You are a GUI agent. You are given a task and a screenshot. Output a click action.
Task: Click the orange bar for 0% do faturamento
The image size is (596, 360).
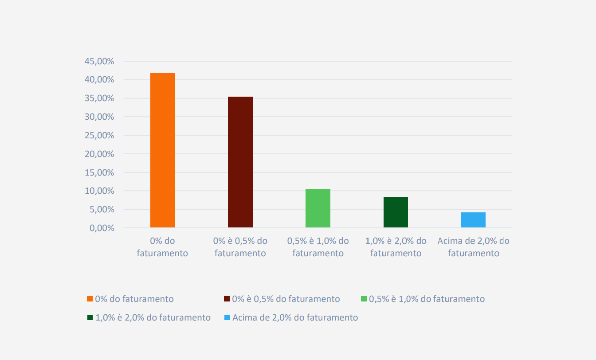tap(163, 150)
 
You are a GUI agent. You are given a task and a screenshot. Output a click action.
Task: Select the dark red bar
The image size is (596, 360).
tap(240, 162)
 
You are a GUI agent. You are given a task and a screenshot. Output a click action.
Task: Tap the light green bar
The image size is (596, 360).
tap(318, 208)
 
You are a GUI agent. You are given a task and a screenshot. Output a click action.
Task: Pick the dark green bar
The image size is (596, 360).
tap(396, 212)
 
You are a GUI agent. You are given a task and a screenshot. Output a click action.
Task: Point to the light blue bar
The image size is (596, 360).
tap(473, 220)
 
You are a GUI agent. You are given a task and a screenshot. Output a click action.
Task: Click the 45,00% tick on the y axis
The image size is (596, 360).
tap(99, 61)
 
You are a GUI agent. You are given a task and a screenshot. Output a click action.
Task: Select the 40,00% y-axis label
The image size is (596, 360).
tap(99, 80)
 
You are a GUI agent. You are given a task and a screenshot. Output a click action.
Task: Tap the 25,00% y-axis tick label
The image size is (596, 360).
tap(99, 135)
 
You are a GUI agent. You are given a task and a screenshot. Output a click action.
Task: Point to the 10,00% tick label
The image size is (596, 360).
tap(99, 191)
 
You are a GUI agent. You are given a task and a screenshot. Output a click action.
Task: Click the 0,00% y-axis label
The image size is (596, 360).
tap(101, 228)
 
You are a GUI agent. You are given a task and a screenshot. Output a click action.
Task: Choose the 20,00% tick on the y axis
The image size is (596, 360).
tap(99, 154)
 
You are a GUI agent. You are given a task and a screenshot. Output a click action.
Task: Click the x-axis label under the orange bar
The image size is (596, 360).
tap(163, 247)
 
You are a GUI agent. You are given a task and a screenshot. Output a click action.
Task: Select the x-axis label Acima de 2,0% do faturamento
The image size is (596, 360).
tap(473, 247)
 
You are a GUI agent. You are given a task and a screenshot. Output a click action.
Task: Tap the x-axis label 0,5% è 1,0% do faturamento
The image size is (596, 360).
tap(318, 247)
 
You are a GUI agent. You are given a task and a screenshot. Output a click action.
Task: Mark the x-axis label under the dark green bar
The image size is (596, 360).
tap(396, 247)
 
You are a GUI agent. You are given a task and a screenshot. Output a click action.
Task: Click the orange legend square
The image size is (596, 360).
tap(90, 299)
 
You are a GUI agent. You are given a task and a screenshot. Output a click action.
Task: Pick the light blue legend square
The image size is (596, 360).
tap(227, 317)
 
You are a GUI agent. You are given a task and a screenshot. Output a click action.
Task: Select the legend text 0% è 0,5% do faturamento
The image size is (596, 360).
tap(286, 299)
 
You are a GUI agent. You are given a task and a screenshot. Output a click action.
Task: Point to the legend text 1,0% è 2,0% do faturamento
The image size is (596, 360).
tap(153, 317)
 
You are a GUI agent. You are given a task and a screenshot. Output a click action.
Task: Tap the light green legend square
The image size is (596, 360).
tap(364, 299)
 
